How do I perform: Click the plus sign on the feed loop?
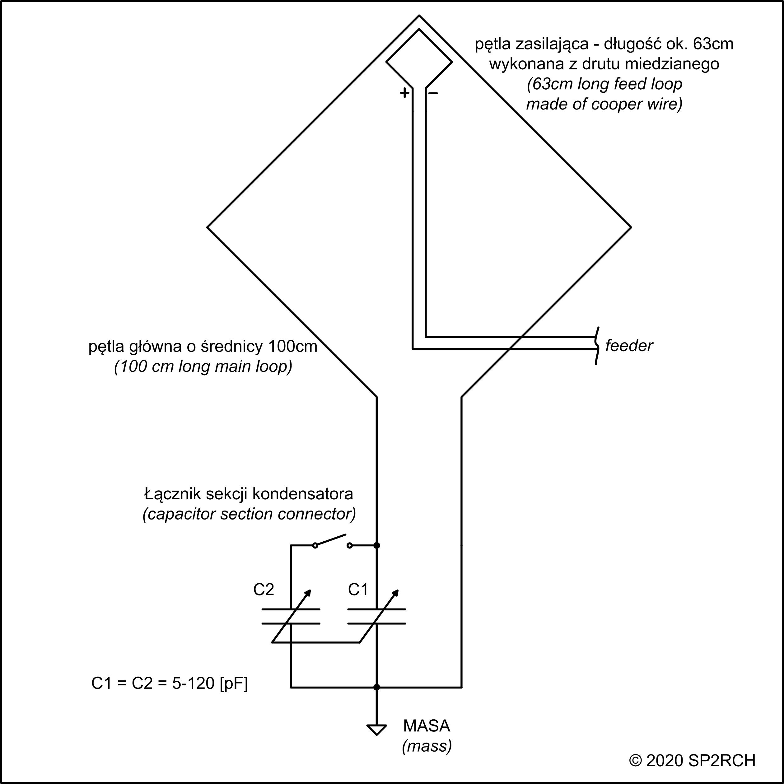(x=404, y=93)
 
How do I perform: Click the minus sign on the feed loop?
(x=433, y=93)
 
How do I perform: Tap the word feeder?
(x=628, y=346)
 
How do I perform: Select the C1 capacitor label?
(x=358, y=590)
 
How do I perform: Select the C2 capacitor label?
(x=264, y=590)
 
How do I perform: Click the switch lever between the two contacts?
(x=332, y=540)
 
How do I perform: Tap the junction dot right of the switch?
(x=376, y=545)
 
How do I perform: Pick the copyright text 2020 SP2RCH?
(x=692, y=761)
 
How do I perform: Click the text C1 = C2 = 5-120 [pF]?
(x=170, y=684)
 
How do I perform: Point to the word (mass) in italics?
(x=427, y=746)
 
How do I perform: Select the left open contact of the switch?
(x=315, y=546)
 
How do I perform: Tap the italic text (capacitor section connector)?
(x=249, y=514)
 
